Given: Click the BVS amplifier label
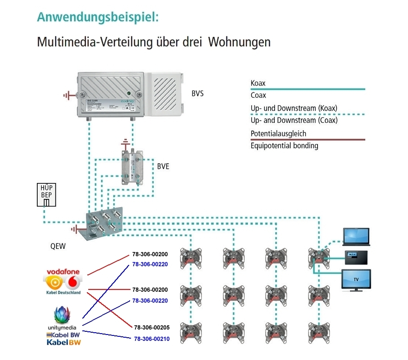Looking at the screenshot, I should (197, 94).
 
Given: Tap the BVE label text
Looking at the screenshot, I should (163, 167).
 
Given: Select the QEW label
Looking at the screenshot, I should (58, 247).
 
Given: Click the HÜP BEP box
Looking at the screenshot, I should (46, 195).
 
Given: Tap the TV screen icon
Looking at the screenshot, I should (356, 279).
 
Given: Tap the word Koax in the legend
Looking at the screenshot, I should (258, 84).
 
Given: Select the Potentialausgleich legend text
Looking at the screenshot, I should (278, 134).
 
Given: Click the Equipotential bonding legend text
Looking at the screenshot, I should (284, 146).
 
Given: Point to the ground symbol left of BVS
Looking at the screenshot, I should (69, 96).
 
